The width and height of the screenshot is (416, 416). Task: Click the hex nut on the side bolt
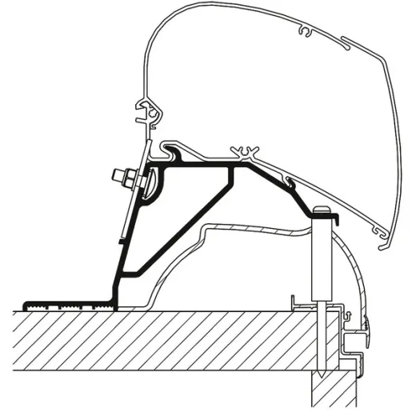pos(123,175)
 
